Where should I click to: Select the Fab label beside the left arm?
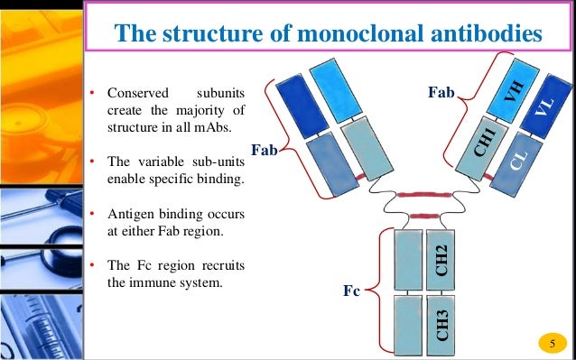[x=265, y=151]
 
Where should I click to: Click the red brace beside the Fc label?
[x=383, y=291]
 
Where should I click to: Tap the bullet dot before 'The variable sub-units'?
[x=92, y=162]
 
